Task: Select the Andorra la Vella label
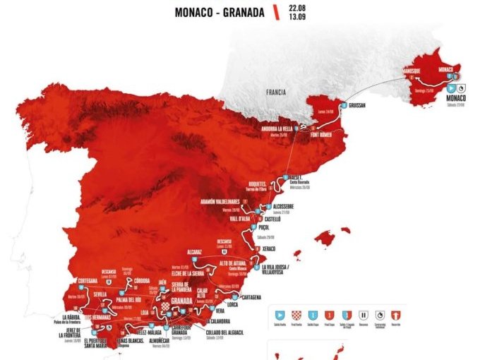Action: tap(275, 128)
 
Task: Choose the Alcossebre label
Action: tap(279, 207)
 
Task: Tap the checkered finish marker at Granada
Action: tap(165, 306)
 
